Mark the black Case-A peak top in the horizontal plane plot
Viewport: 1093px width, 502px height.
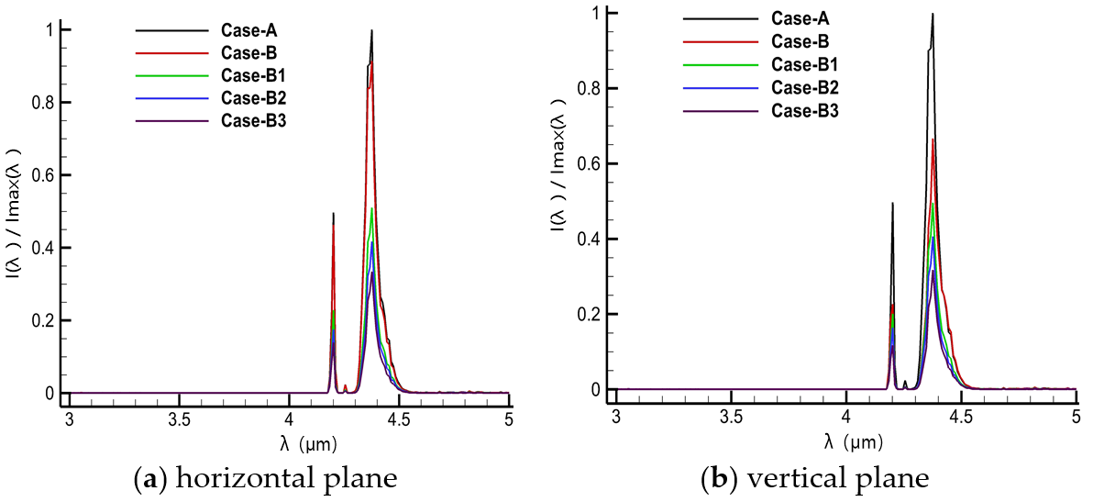click(371, 30)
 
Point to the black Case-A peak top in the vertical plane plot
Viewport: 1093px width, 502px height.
click(933, 14)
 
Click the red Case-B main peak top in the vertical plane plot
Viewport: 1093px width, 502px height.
click(933, 139)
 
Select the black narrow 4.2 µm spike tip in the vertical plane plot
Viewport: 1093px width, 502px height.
click(891, 204)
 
